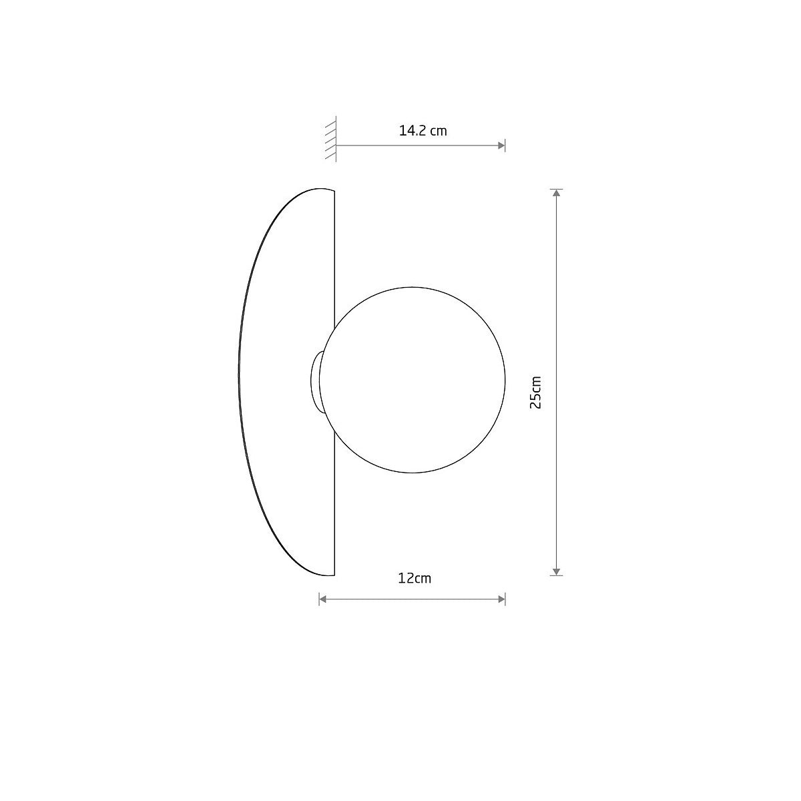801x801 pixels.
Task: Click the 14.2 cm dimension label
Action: tap(423, 131)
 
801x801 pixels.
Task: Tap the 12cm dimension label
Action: tap(415, 578)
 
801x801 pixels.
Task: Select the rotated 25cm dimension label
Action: tap(535, 392)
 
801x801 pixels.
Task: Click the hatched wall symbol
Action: tap(330, 139)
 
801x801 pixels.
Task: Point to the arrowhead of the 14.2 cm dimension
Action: tap(501, 146)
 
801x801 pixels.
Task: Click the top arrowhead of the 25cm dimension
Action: tap(557, 193)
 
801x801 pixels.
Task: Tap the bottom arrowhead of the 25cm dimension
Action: tap(557, 572)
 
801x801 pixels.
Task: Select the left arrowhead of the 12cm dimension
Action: tap(323, 599)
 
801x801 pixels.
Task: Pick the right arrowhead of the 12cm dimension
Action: tap(501, 599)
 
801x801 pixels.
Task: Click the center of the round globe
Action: tap(412, 380)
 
